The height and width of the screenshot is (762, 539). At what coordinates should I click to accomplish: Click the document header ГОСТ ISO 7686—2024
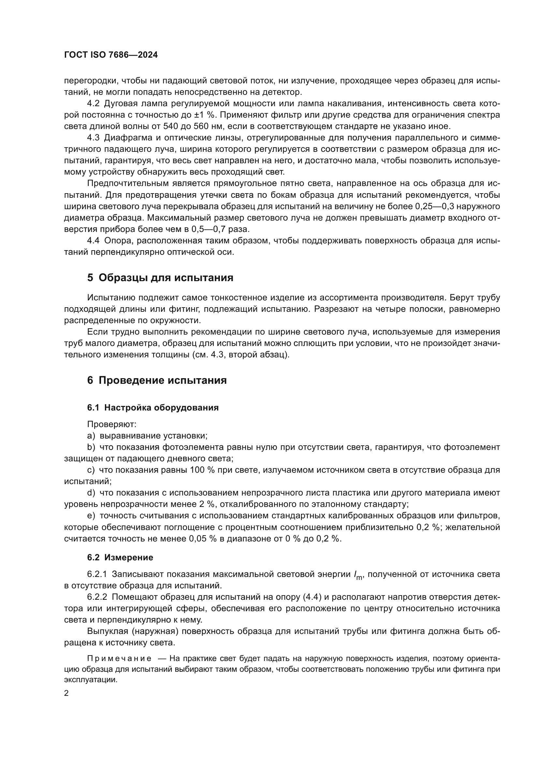click(111, 55)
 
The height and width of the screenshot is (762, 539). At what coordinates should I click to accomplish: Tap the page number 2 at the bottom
click(66, 693)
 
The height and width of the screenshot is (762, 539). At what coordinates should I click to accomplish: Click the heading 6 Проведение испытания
click(157, 380)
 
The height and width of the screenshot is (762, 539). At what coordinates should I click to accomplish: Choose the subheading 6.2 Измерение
click(120, 557)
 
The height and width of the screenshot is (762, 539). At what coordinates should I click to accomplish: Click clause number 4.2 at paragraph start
click(93, 104)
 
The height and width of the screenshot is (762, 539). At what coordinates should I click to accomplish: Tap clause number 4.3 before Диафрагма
click(93, 138)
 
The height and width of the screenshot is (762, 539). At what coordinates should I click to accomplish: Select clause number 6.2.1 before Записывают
click(97, 574)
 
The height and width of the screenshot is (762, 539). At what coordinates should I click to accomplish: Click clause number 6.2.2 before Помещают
click(97, 597)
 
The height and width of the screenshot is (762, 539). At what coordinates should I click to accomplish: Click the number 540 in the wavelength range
click(170, 126)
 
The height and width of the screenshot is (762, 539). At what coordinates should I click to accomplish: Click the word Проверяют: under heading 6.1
click(112, 424)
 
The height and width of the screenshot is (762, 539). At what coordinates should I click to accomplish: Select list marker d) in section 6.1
click(91, 493)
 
